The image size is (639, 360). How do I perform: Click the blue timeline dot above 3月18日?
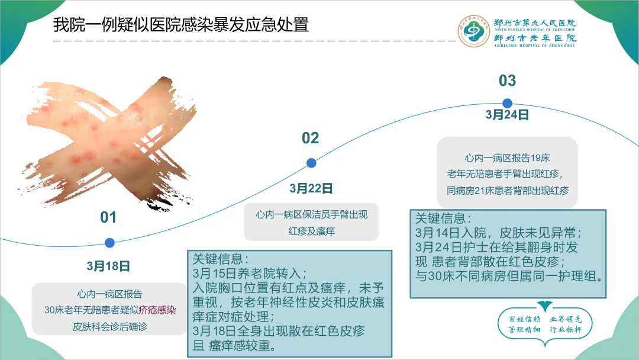[109, 243]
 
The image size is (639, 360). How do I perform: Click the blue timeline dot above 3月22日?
[311, 163]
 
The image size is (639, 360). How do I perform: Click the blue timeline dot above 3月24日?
[508, 104]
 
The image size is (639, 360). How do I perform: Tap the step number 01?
[108, 217]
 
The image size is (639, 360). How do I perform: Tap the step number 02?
[311, 138]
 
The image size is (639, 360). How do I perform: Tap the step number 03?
[508, 81]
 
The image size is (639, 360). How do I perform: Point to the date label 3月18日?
[108, 266]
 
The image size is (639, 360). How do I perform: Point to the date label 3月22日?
[311, 188]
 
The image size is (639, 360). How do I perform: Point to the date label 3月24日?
[508, 114]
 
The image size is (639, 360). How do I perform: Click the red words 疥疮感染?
[157, 310]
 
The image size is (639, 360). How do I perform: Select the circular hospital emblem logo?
[473, 31]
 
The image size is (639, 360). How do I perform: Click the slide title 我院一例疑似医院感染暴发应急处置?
[181, 24]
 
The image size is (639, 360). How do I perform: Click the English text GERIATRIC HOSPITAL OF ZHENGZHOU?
[535, 46]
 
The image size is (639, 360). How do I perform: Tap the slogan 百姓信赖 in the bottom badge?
[524, 319]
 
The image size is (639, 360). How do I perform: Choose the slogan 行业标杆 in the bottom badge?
[566, 329]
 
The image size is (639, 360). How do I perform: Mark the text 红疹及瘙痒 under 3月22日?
[312, 231]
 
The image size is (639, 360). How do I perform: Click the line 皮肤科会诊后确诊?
[110, 327]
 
